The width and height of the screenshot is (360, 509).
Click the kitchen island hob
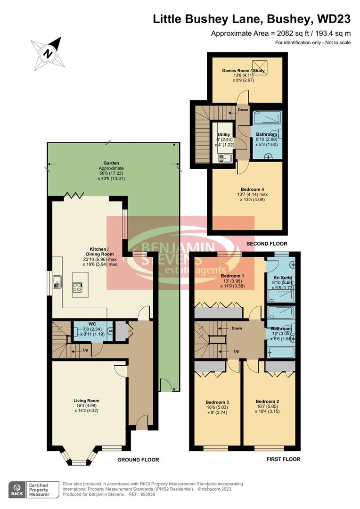(77, 287)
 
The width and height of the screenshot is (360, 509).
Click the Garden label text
(111, 163)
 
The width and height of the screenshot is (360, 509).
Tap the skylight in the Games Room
(258, 67)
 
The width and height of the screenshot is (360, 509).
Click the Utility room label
(223, 134)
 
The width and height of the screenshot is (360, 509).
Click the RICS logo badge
(17, 489)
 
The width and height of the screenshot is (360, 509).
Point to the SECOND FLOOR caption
(267, 244)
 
